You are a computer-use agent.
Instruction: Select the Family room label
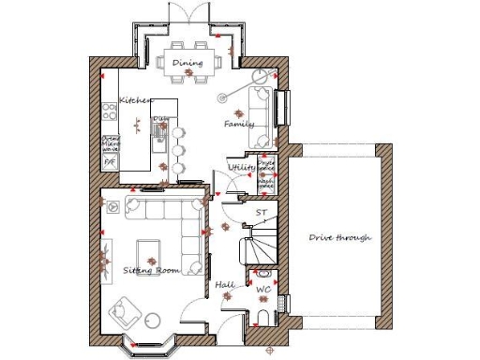[x=239, y=125]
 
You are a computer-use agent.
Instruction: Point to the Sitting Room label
[x=150, y=270]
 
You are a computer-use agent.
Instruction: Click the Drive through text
[x=340, y=238]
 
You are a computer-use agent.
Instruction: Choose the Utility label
[x=242, y=168]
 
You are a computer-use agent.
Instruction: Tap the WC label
[x=263, y=291]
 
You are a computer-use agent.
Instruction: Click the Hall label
[x=224, y=283]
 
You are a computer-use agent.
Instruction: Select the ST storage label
[x=262, y=214]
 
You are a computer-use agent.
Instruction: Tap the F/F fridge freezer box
[x=109, y=162]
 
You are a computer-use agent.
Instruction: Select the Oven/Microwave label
[x=111, y=142]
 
